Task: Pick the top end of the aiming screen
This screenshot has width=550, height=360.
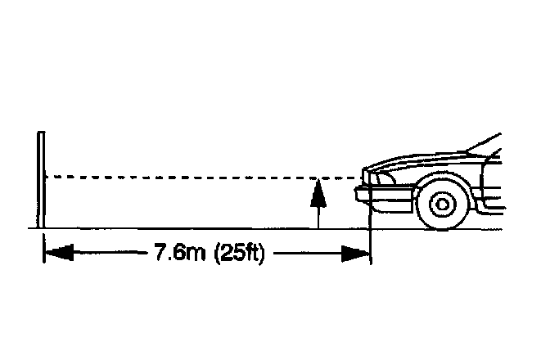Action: coord(39,132)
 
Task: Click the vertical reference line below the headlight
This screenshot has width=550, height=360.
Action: coord(372,221)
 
